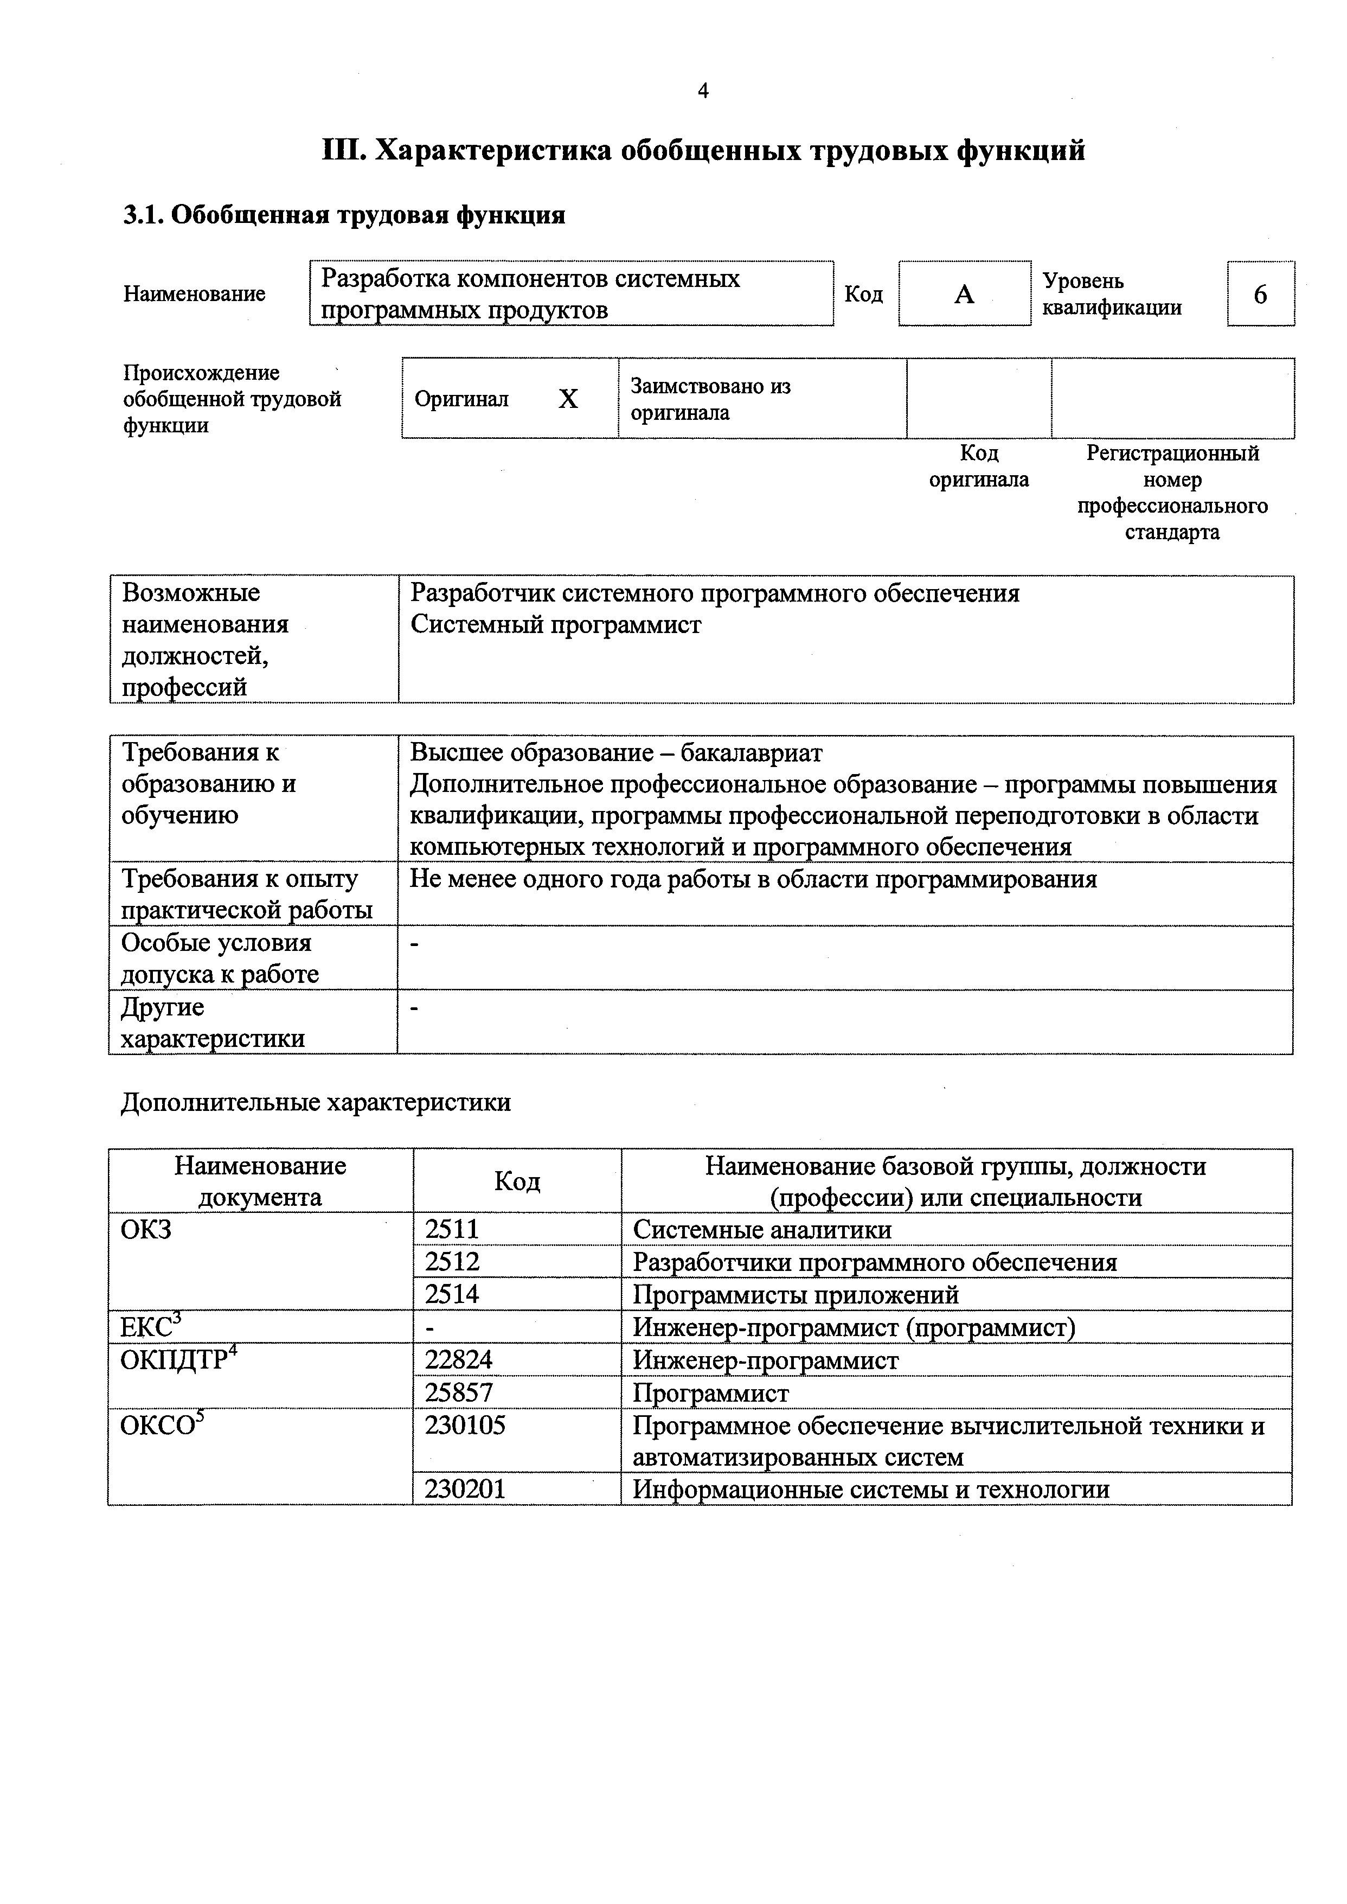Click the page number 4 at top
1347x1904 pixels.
tap(703, 91)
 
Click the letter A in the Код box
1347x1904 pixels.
tap(964, 295)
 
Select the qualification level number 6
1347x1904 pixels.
tap(1260, 295)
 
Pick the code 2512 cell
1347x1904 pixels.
tap(452, 1261)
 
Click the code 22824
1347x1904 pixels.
tap(459, 1359)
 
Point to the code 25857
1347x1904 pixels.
tap(459, 1391)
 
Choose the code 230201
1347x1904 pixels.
tap(465, 1489)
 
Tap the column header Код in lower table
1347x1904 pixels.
tap(517, 1180)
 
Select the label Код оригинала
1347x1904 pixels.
tap(979, 467)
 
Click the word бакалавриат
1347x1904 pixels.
tap(752, 752)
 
